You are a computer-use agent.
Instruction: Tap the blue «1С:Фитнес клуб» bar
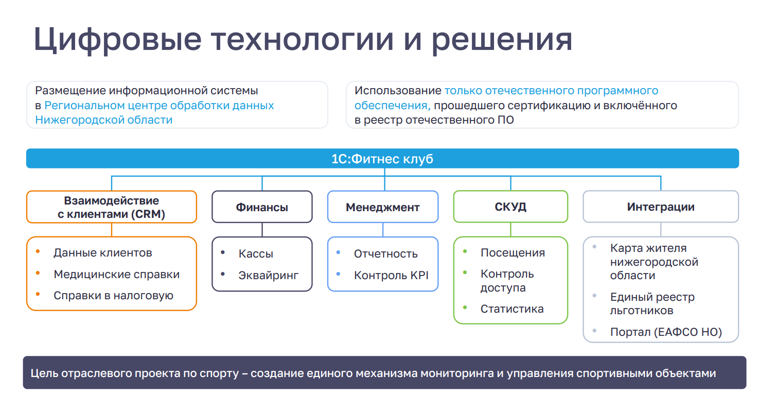click(382, 159)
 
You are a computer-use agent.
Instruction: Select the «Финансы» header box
click(262, 207)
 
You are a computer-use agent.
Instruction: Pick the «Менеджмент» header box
click(383, 207)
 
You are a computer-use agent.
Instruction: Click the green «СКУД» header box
click(510, 207)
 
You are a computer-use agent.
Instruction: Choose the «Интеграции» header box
click(661, 207)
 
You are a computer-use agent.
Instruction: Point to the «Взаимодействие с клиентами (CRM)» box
click(112, 207)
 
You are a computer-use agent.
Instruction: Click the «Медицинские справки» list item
click(117, 274)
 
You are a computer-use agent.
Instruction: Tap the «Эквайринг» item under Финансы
click(269, 275)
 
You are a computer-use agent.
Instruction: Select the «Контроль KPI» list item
click(391, 275)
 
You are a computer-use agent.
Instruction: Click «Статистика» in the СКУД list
click(512, 309)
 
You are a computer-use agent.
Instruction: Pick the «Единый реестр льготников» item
click(652, 304)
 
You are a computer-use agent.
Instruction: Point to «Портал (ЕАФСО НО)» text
click(666, 332)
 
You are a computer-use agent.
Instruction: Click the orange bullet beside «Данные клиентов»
click(38, 252)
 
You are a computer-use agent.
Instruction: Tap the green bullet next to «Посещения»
click(465, 251)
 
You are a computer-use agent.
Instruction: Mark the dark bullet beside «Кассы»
click(223, 252)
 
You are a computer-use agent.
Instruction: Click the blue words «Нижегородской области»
click(103, 120)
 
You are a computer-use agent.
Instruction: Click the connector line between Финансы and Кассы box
click(262, 230)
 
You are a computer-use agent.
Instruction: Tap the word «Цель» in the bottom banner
click(43, 373)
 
